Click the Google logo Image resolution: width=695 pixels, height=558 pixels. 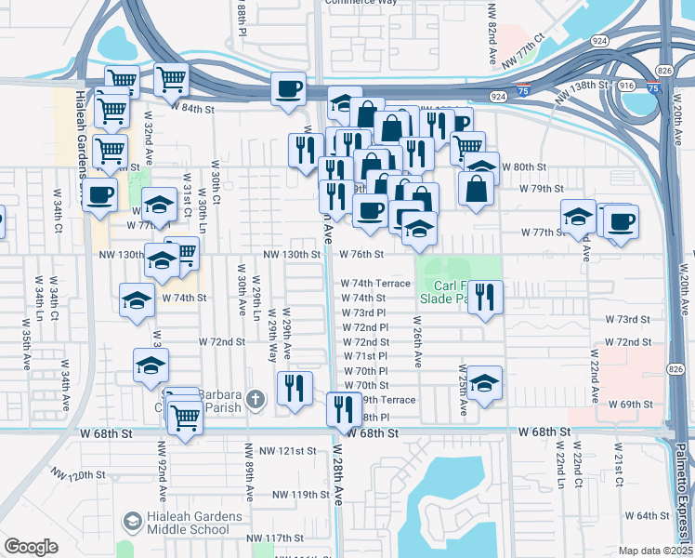31,547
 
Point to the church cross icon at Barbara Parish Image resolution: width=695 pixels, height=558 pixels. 256,401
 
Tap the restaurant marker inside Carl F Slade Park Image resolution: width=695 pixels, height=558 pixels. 484,298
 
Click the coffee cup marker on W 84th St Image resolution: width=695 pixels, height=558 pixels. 288,88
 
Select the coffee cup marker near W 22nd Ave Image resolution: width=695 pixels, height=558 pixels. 621,221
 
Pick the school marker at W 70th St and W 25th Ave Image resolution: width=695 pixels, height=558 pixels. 484,383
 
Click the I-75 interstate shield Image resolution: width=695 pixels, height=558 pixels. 656,87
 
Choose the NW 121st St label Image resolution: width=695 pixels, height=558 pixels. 288,451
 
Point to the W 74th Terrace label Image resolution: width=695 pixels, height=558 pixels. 375,283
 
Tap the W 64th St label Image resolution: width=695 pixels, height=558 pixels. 647,515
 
